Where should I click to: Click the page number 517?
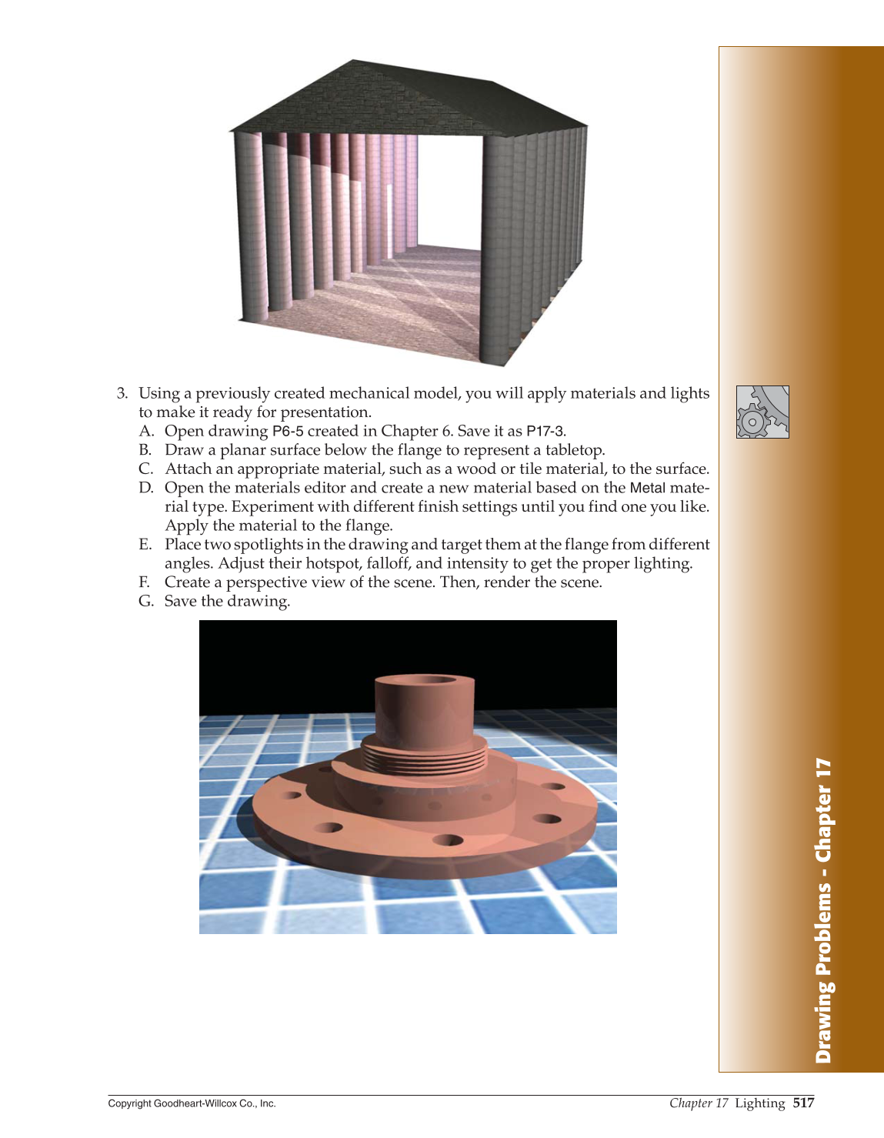[803, 1103]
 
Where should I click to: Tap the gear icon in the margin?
[762, 412]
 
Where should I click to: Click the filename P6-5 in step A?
[288, 431]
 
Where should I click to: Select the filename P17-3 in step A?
[545, 431]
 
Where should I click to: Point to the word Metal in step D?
[647, 488]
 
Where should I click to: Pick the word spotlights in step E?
[266, 545]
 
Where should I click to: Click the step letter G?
[145, 601]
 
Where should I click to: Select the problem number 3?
[122, 393]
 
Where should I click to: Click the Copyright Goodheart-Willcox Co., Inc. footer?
[192, 1103]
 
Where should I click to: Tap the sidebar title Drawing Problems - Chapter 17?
[823, 911]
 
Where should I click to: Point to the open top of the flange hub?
[425, 681]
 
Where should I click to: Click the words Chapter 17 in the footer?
[698, 1103]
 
